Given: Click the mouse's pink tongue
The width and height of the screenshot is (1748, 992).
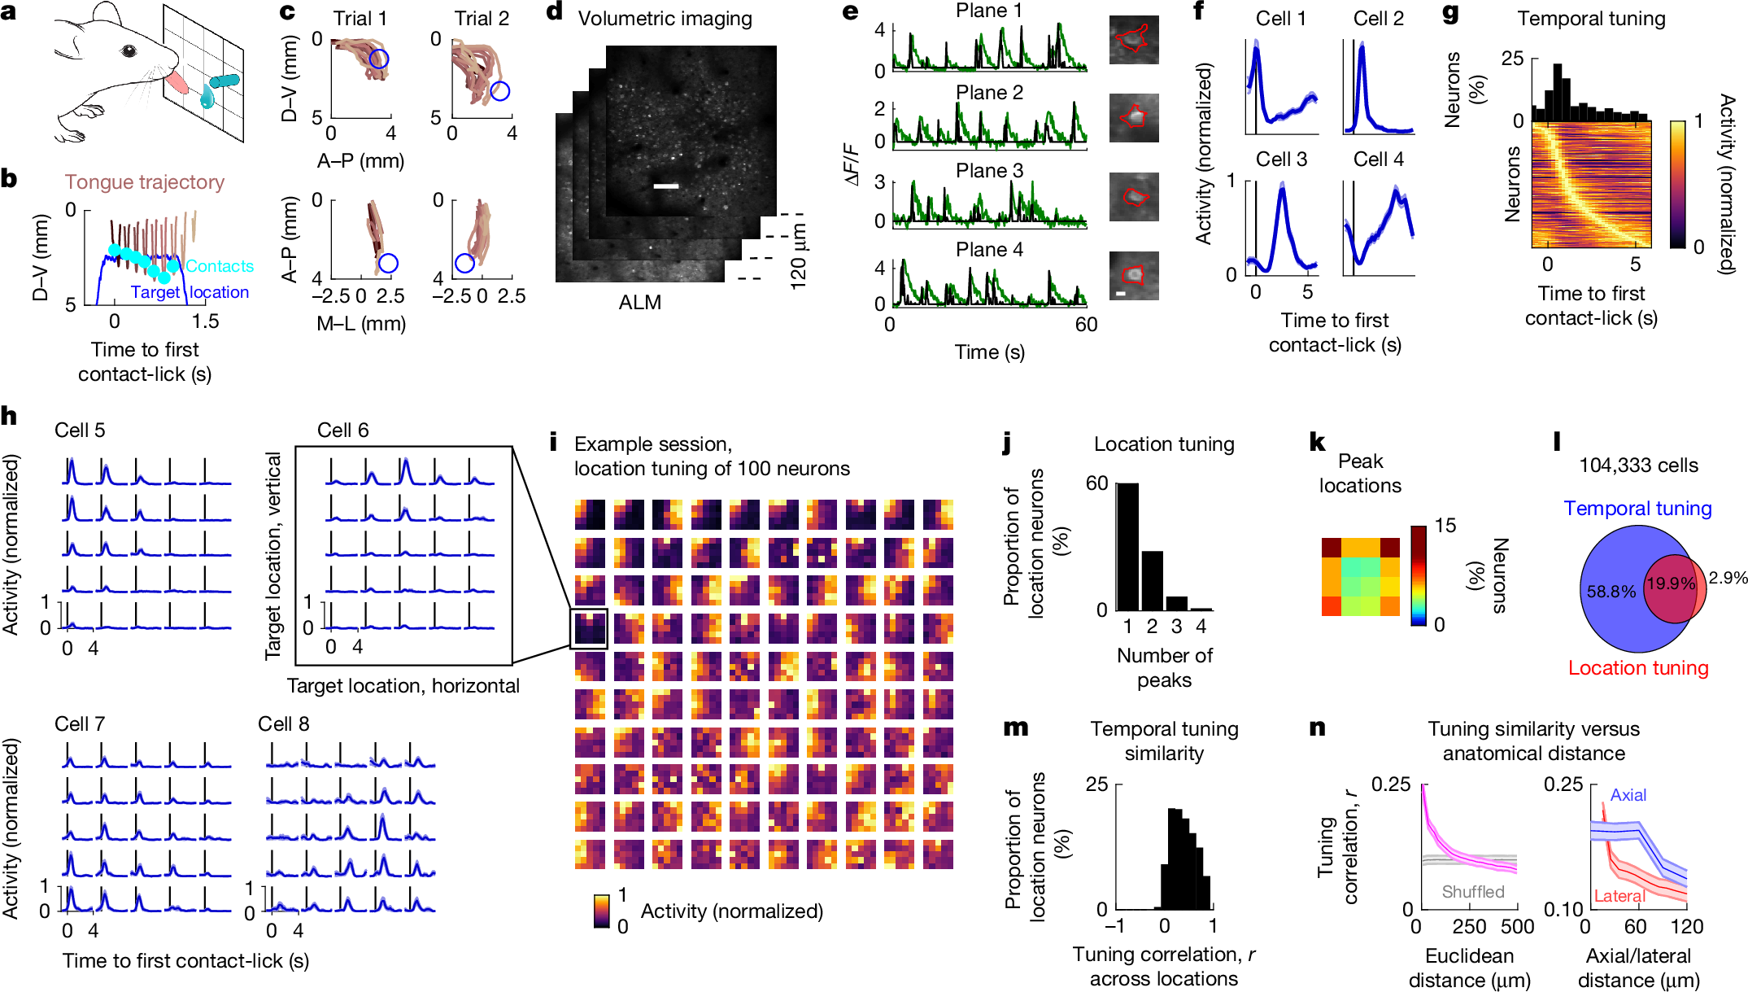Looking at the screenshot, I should [x=177, y=82].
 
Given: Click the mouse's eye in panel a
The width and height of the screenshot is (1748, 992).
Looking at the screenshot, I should [x=128, y=51].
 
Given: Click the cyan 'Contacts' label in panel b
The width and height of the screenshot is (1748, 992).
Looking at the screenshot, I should [x=220, y=266].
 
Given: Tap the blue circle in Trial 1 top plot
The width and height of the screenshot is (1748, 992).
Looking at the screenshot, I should [x=378, y=59].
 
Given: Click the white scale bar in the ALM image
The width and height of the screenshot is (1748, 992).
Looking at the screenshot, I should [x=665, y=186].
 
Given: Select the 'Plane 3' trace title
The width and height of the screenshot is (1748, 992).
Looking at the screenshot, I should [x=989, y=171].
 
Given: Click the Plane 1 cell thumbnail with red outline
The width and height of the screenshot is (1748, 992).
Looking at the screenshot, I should [x=1133, y=40].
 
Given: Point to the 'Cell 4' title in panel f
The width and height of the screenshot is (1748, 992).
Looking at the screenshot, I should [x=1378, y=160].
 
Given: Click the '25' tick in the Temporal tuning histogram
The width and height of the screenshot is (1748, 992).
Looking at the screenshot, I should [x=1512, y=59].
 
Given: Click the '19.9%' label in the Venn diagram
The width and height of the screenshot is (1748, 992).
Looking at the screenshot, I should [x=1670, y=583].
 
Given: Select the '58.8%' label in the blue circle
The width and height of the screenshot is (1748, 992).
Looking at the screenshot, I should [x=1611, y=592].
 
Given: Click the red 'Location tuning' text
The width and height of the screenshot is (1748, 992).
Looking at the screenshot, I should [x=1637, y=668].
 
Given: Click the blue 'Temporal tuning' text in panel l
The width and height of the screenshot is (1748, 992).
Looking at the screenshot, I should [x=1637, y=509].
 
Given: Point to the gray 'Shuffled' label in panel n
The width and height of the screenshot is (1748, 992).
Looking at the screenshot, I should [x=1472, y=891].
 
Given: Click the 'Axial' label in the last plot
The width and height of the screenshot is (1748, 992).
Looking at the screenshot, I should [x=1628, y=795].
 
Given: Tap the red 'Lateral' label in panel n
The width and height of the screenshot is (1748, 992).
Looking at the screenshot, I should [x=1619, y=896].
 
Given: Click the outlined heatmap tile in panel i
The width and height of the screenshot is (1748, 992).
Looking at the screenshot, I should [x=589, y=629].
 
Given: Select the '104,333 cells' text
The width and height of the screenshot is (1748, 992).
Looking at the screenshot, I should [x=1638, y=465].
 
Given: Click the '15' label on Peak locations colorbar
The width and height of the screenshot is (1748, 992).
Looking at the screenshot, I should [x=1445, y=526].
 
